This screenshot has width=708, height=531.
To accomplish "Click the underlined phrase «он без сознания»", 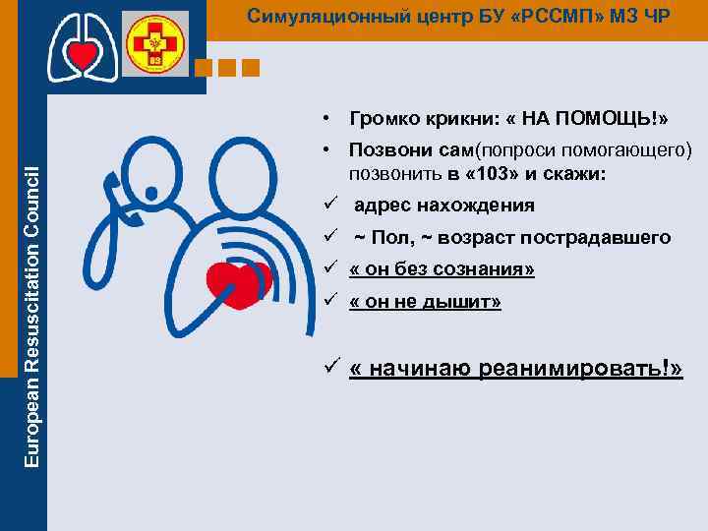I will (x=442, y=270).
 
